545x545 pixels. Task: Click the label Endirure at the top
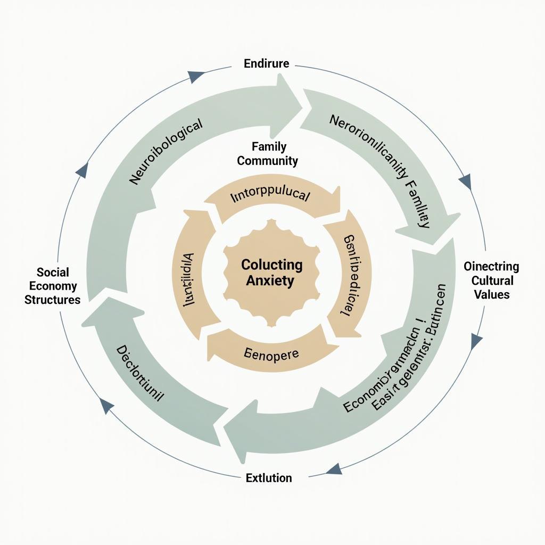pyautogui.click(x=266, y=64)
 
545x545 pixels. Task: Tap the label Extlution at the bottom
pyautogui.click(x=269, y=478)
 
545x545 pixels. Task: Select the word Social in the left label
pyautogui.click(x=53, y=272)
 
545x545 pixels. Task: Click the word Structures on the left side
pyautogui.click(x=52, y=300)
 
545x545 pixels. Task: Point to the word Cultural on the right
pyautogui.click(x=492, y=280)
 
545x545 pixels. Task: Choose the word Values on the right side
pyautogui.click(x=492, y=294)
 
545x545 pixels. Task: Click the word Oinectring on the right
pyautogui.click(x=491, y=267)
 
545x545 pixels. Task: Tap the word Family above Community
pyautogui.click(x=269, y=146)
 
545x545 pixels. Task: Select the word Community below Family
pyautogui.click(x=267, y=160)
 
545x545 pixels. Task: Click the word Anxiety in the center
pyautogui.click(x=270, y=280)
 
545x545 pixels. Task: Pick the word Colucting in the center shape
pyautogui.click(x=271, y=265)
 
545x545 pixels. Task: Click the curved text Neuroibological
pyautogui.click(x=166, y=152)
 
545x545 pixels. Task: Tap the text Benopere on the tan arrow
pyautogui.click(x=271, y=353)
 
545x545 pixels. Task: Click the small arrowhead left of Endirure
pyautogui.click(x=196, y=76)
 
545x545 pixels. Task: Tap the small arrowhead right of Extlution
pyautogui.click(x=334, y=469)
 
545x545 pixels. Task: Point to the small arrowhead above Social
pyautogui.click(x=82, y=171)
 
